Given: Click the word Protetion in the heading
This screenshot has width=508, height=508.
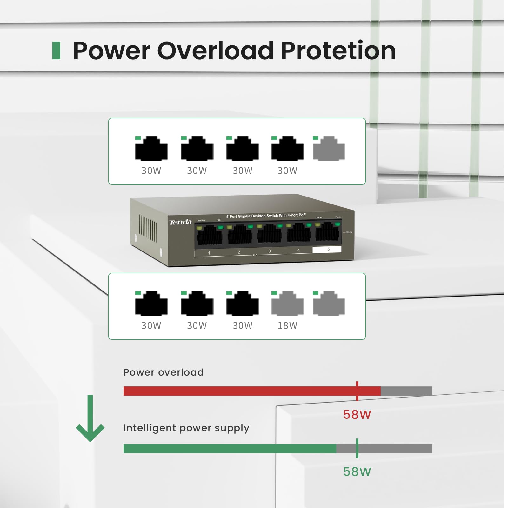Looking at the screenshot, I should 338,51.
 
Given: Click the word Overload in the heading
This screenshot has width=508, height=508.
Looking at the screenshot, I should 215,51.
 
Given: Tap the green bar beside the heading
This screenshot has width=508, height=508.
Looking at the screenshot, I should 56,50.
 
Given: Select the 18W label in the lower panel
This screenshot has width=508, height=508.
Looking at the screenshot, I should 287,326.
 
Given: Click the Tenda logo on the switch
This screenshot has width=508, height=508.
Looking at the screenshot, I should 180,222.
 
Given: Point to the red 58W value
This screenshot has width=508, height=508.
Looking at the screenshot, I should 357,415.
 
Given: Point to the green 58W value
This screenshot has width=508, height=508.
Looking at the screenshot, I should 357,472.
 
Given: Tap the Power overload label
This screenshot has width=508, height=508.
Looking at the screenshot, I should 164,372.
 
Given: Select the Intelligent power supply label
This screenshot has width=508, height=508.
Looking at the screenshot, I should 186,428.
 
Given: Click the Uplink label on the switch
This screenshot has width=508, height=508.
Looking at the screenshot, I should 349,232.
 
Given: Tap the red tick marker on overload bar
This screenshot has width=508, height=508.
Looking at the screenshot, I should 357,391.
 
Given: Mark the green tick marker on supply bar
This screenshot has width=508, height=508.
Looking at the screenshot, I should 357,448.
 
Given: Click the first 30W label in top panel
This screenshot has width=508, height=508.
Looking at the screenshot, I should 151,171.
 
